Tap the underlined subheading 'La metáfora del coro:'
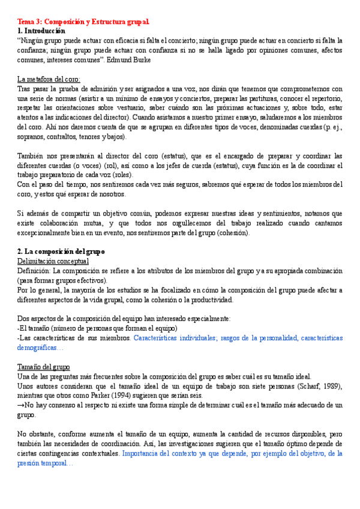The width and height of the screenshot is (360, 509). tap(49, 79)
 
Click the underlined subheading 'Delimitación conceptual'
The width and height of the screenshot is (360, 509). tap(53, 261)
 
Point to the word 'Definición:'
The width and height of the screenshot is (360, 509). tap(34, 271)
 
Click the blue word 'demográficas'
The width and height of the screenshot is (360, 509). tap(40, 348)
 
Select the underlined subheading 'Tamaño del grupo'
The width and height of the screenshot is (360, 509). tap(44, 367)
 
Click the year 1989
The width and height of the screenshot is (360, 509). tap(323, 386)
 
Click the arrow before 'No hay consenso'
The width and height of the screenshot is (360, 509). tap(20, 405)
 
